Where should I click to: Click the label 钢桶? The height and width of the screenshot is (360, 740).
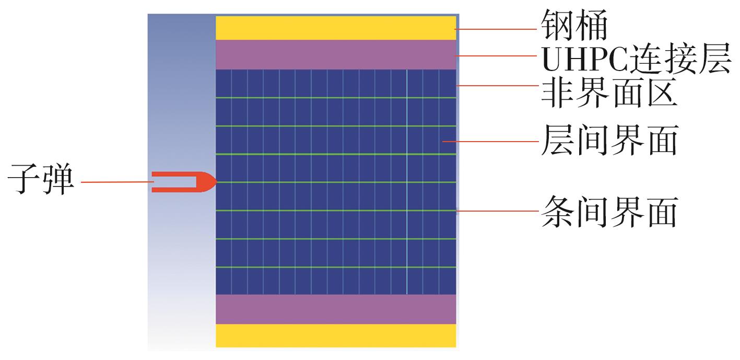point(574,25)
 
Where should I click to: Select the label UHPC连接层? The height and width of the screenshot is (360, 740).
point(636,58)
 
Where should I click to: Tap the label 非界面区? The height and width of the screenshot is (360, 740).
point(609,93)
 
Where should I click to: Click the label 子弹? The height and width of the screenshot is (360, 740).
point(41,179)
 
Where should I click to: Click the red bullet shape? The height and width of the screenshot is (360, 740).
point(184,182)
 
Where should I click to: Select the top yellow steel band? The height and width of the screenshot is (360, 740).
point(336,28)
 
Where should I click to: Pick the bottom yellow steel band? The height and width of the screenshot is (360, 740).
point(336,335)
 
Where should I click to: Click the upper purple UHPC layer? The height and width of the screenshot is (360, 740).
point(336,54)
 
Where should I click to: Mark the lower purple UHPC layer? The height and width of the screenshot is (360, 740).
point(336,309)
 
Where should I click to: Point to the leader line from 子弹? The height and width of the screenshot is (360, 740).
point(118,182)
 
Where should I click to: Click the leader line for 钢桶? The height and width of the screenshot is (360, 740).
point(496,29)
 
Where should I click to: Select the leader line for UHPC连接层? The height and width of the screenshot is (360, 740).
point(496,56)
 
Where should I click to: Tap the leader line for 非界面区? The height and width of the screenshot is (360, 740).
point(498,86)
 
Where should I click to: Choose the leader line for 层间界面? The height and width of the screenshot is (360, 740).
point(490,142)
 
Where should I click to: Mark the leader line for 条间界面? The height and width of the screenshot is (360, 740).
point(498,211)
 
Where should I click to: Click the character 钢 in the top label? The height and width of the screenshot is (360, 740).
point(557,25)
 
